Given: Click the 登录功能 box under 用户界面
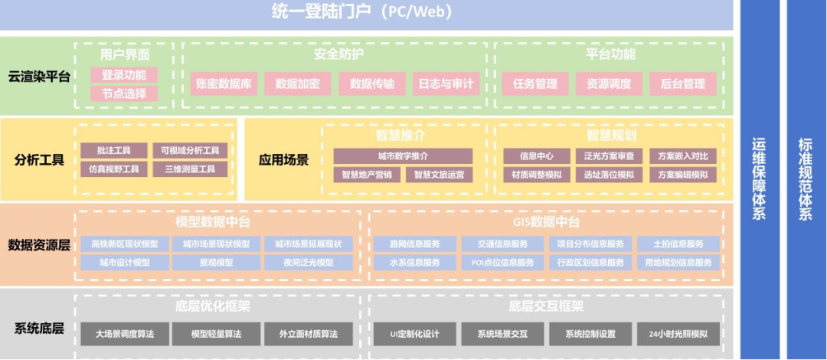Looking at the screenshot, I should pos(124,75).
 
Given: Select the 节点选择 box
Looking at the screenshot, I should pos(124,93).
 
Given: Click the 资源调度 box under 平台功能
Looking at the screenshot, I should pos(603,83).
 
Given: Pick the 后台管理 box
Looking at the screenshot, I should pos(682,83).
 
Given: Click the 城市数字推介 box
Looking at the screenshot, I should pos(403,156).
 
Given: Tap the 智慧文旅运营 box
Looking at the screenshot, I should pos(439,175).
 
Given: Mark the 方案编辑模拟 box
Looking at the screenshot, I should pos(682,175).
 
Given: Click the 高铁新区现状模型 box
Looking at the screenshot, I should pos(125,244).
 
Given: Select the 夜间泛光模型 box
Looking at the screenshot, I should pos(309,262).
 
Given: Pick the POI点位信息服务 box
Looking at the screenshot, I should pos(502,262).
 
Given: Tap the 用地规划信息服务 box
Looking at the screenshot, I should pos(678,262).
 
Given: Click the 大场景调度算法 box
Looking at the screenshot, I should pos(125,334).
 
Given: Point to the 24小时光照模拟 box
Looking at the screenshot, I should pos(678,334).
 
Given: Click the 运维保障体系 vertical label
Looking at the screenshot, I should pos(759,180).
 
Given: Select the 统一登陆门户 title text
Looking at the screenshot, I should pos(362,11).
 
